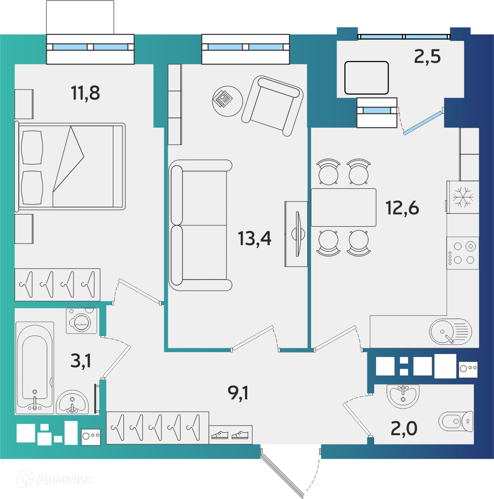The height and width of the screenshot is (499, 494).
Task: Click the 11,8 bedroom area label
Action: tap(85, 93)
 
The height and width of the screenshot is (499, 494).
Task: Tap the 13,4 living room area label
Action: tap(254, 239)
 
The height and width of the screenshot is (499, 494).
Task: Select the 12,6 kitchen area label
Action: tap(402, 208)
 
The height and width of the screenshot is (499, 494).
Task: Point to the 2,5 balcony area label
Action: tap(427, 56)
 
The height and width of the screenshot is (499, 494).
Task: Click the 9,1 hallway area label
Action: tap(238, 392)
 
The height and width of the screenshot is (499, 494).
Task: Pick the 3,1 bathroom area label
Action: tap(81, 361)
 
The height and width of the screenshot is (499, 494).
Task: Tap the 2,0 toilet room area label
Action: tap(404, 428)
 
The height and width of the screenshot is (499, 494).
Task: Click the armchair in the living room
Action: tap(272, 106)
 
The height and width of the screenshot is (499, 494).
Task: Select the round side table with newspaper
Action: tap(228, 101)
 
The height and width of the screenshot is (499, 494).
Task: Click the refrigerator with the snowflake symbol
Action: tap(462, 197)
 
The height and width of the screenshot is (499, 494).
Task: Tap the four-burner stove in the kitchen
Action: tap(462, 253)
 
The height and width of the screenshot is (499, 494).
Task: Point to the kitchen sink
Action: tap(450, 331)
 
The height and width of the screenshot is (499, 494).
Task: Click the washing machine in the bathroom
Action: tap(82, 321)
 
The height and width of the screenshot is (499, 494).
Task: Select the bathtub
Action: tap(35, 368)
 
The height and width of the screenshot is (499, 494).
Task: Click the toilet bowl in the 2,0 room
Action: tap(456, 421)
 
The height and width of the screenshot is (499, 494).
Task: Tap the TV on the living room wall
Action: tap(296, 234)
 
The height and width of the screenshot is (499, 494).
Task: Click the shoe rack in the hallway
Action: tap(230, 434)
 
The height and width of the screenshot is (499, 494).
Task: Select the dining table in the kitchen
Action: tap(343, 207)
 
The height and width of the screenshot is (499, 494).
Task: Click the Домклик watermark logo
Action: tap(56, 478)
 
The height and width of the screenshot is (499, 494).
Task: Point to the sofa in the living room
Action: tap(200, 225)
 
